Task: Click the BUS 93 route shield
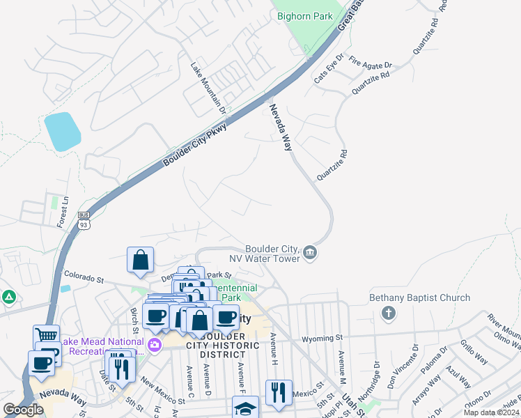click(84, 220)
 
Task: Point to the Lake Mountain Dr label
click(208, 88)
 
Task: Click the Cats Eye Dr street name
click(329, 69)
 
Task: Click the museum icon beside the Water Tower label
click(311, 253)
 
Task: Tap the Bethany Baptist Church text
click(419, 297)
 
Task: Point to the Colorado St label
click(84, 279)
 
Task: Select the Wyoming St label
click(322, 339)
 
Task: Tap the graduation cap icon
click(245, 408)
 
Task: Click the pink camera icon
click(154, 343)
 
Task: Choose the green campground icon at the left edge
click(8, 297)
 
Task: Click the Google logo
click(23, 410)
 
